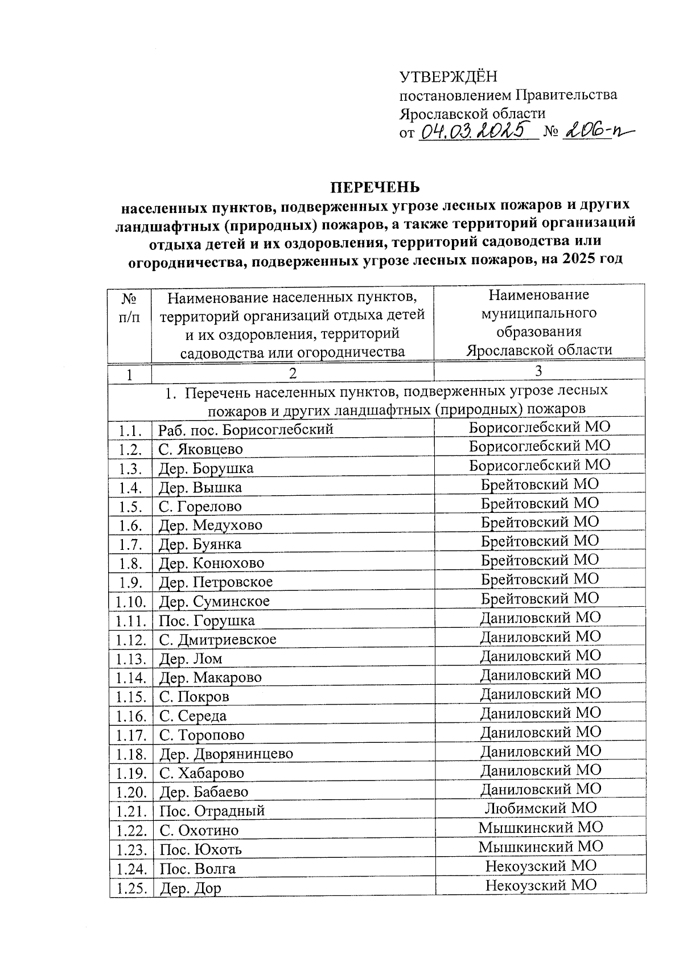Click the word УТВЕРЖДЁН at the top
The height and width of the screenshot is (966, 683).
[448, 76]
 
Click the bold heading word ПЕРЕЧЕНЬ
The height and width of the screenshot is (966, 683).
[376, 187]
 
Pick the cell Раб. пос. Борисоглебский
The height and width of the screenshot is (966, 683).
[246, 429]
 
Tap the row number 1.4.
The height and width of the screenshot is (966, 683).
[130, 488]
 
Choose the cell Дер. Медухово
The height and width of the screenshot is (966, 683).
[210, 525]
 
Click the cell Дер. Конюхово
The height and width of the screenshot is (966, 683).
[211, 563]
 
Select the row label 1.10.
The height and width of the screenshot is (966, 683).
[130, 602]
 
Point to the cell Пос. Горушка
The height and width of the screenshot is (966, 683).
[207, 620]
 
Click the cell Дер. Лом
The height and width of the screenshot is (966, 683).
[190, 659]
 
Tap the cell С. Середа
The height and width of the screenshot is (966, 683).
[192, 716]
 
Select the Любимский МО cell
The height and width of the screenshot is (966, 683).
[540, 808]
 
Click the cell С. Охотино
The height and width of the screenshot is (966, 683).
[199, 831]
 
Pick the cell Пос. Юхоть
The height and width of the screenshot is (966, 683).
[200, 850]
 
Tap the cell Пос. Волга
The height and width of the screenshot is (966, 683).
[197, 869]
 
